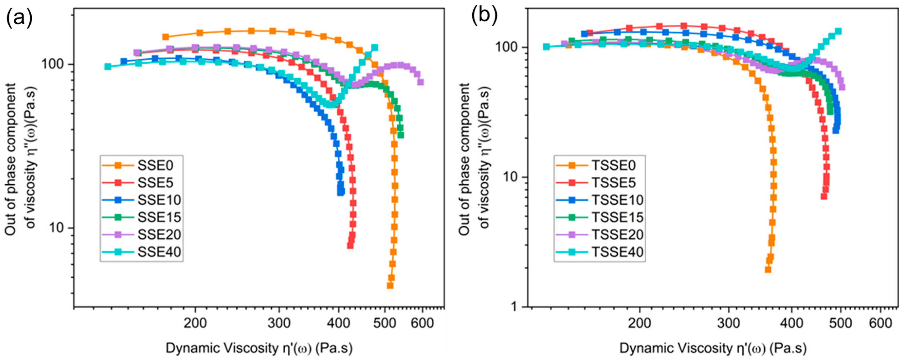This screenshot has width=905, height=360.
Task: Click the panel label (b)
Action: [x=484, y=15]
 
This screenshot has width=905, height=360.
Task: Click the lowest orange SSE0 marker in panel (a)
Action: [x=390, y=286]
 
